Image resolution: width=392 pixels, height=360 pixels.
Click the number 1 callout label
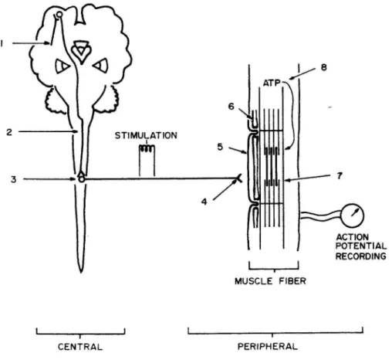[2, 44]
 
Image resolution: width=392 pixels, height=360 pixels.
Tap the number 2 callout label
[9, 132]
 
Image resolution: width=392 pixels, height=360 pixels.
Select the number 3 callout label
[13, 179]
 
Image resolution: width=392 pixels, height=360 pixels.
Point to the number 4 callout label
[204, 202]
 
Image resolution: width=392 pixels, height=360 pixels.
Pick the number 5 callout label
[220, 147]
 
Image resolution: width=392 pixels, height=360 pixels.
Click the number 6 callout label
[231, 106]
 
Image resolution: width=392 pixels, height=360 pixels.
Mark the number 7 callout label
[340, 176]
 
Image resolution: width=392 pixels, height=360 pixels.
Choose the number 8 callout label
[323, 67]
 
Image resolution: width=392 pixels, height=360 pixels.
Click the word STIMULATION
[146, 135]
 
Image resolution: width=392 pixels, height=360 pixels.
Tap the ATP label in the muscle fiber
[272, 83]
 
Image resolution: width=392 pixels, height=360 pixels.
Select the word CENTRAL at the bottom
[80, 347]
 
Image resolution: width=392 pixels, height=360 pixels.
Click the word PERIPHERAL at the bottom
[268, 346]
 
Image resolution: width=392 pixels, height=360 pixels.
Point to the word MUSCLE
[254, 281]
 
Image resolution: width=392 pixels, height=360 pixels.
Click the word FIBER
[292, 281]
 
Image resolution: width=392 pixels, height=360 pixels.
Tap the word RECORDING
[361, 256]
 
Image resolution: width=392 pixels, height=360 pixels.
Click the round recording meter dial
[353, 216]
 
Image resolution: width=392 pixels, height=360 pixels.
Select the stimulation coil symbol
[147, 148]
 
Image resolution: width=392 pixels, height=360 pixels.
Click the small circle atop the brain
[59, 15]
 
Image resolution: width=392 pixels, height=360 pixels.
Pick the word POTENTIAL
[361, 246]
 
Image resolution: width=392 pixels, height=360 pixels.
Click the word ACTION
[352, 237]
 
